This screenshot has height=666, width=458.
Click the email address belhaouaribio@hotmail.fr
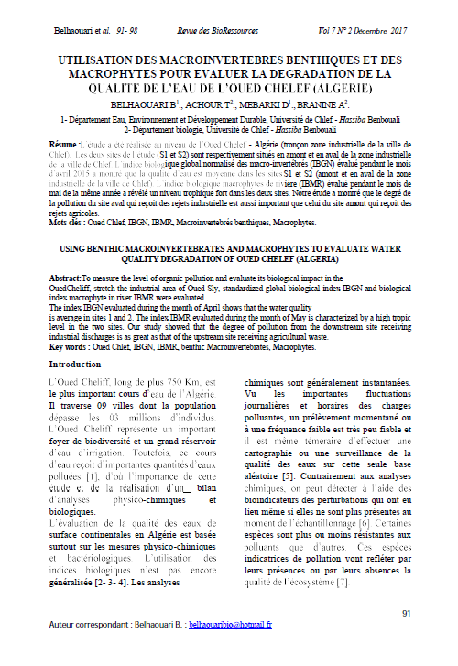[x=233, y=649]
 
